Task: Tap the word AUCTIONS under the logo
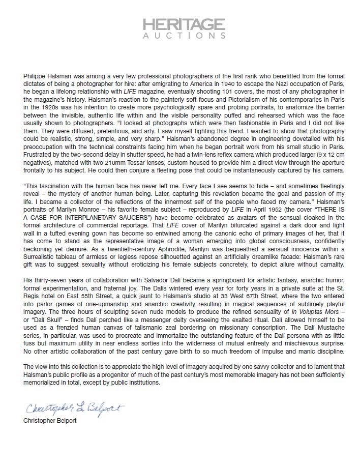click(x=184, y=37)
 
